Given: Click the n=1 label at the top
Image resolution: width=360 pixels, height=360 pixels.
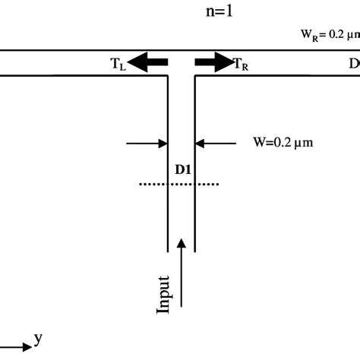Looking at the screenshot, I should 180,11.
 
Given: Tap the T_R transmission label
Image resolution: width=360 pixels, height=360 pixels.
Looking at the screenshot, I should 241,64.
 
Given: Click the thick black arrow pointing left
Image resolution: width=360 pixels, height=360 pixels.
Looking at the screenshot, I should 148,62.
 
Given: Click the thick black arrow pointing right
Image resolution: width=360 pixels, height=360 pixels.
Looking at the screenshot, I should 213,62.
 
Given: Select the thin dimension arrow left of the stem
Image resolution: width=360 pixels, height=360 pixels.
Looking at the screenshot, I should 147,142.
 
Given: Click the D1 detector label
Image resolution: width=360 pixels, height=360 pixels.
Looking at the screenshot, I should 182,169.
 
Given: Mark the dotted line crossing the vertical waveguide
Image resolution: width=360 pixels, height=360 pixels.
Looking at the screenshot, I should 181,184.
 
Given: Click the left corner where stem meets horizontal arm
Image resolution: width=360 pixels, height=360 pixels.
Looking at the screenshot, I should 167,75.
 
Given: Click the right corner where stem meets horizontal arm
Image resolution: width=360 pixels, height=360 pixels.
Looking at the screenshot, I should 195,75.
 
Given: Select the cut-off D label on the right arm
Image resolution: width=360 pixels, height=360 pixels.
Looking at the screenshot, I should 353,64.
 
